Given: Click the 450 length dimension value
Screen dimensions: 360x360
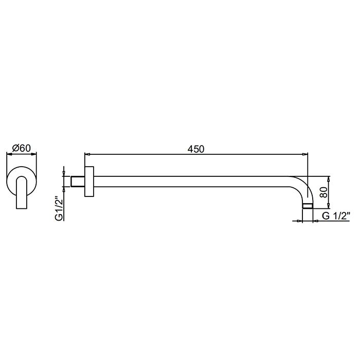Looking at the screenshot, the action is (195, 149).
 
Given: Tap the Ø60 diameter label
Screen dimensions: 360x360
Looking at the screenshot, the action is (22, 148).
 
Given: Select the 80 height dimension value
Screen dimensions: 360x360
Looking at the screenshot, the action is (323, 192).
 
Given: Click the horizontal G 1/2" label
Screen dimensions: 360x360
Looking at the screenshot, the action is (336, 216).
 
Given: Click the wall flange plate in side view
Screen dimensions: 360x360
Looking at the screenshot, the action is (89, 182).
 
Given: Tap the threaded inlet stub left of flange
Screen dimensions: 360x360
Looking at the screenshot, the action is (78, 182).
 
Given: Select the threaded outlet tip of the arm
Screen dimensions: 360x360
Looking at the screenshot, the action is (308, 206).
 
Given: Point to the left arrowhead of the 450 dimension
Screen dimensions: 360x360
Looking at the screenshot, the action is (87, 154).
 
